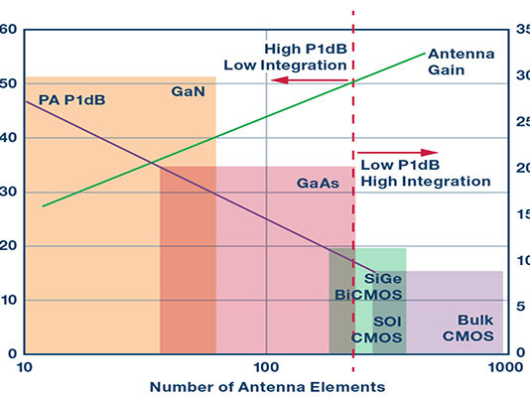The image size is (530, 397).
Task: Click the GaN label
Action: [188, 91]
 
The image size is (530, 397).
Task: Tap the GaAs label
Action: [319, 184]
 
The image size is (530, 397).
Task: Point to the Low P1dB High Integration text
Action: [425, 174]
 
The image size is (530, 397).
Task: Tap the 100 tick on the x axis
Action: [265, 364]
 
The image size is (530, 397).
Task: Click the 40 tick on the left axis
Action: [9, 137]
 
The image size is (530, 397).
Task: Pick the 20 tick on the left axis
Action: [9, 245]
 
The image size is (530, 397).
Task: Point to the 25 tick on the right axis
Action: [521, 122]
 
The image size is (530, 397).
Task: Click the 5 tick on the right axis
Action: [521, 306]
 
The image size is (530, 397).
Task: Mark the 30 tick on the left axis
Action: [9, 191]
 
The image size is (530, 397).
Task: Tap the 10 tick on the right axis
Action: [521, 260]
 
